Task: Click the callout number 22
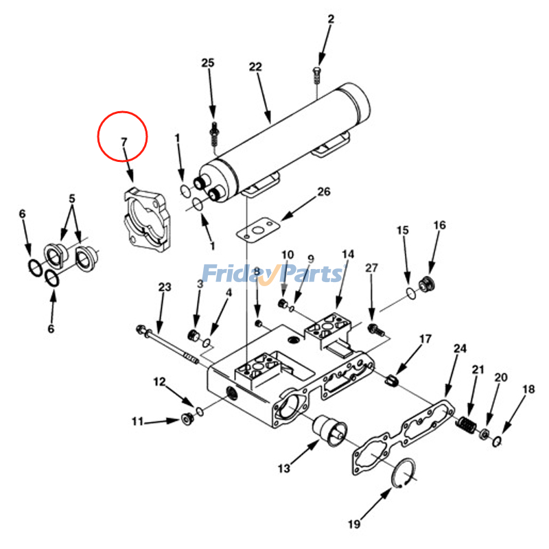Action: (255, 67)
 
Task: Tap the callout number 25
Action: (208, 63)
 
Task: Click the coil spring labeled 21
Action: (466, 425)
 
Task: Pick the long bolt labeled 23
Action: (168, 342)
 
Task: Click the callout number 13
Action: (284, 469)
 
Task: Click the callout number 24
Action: (460, 349)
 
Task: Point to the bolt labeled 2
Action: (316, 75)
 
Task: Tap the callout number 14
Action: (348, 255)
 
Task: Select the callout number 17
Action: (425, 339)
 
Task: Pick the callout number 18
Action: (528, 390)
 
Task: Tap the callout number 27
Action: (371, 267)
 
